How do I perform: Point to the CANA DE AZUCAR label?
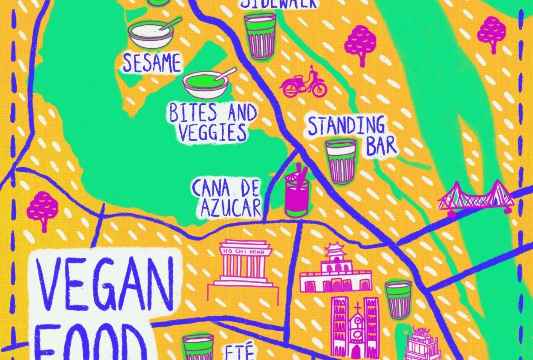tap(226, 198)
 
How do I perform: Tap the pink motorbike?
tap(303, 84)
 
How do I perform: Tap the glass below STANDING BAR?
tap(341, 160)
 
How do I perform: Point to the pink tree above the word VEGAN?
tap(42, 208)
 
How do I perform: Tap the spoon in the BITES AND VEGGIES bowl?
tap(226, 74)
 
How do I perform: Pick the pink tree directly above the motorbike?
tap(360, 41)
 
